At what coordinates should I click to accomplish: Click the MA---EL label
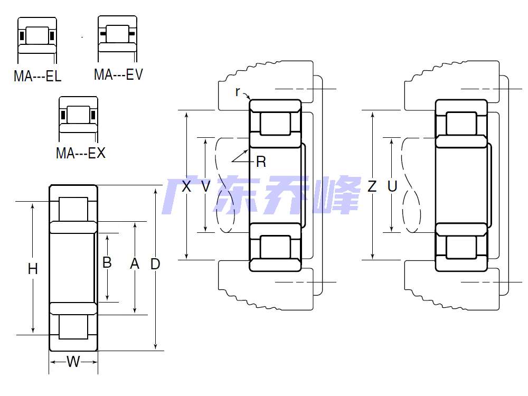(37, 76)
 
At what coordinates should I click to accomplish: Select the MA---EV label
(118, 74)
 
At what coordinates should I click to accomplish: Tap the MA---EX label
(81, 154)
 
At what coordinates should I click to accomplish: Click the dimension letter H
(33, 269)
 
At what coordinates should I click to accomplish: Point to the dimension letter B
(107, 262)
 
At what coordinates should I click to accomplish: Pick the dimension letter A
(135, 263)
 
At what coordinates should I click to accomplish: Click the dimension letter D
(155, 263)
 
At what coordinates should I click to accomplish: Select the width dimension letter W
(73, 362)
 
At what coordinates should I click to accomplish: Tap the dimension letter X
(186, 186)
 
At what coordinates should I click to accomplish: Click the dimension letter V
(205, 186)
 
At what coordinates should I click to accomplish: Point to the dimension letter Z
(373, 186)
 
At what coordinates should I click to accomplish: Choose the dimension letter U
(392, 186)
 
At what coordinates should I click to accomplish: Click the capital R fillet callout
(261, 162)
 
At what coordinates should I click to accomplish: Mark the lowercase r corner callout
(238, 91)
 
